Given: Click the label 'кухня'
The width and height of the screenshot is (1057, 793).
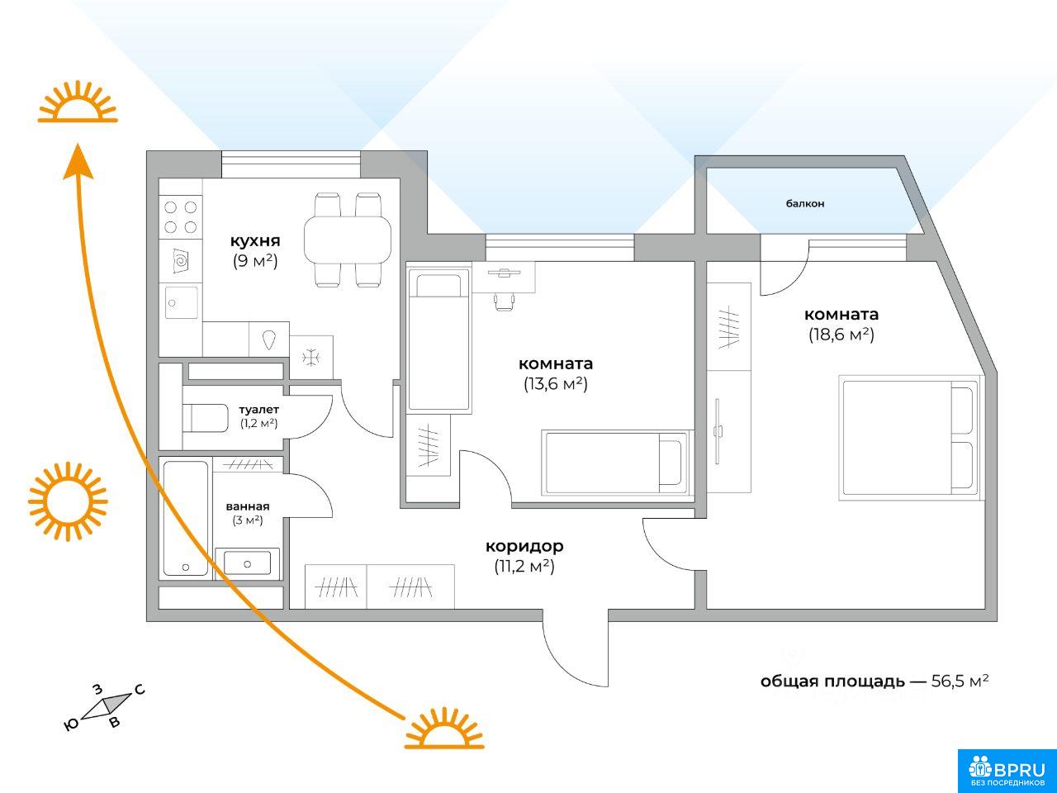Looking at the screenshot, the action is pyautogui.click(x=254, y=240).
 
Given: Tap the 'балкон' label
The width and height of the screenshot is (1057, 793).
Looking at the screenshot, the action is pyautogui.click(x=804, y=203).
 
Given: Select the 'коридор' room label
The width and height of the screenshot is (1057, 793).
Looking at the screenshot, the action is pyautogui.click(x=524, y=546).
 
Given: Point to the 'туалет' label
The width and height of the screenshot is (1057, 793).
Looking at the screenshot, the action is pyautogui.click(x=259, y=409).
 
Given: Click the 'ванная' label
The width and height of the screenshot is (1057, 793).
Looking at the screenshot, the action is pyautogui.click(x=248, y=506).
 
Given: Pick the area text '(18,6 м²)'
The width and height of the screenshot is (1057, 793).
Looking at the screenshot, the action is pyautogui.click(x=841, y=335).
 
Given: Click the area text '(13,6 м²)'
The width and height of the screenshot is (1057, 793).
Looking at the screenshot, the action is pyautogui.click(x=556, y=384).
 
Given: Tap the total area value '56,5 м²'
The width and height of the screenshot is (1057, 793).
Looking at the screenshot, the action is pyautogui.click(x=960, y=681).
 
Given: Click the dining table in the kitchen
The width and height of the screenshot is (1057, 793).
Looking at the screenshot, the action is pyautogui.click(x=347, y=240).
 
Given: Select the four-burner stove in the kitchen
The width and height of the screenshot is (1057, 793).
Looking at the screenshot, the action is pyautogui.click(x=181, y=216).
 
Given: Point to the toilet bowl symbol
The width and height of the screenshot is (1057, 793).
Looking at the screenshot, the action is pyautogui.click(x=205, y=418).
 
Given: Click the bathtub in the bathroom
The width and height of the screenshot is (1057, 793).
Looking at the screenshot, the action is pyautogui.click(x=186, y=518).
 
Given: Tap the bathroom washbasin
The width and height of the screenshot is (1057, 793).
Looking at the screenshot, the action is pyautogui.click(x=247, y=563).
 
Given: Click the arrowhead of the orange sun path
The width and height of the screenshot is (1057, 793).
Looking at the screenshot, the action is pyautogui.click(x=78, y=161).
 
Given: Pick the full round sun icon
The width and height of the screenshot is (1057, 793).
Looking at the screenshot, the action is pyautogui.click(x=68, y=501).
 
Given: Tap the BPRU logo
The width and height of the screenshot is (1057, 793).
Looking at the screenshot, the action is pyautogui.click(x=1007, y=771).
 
